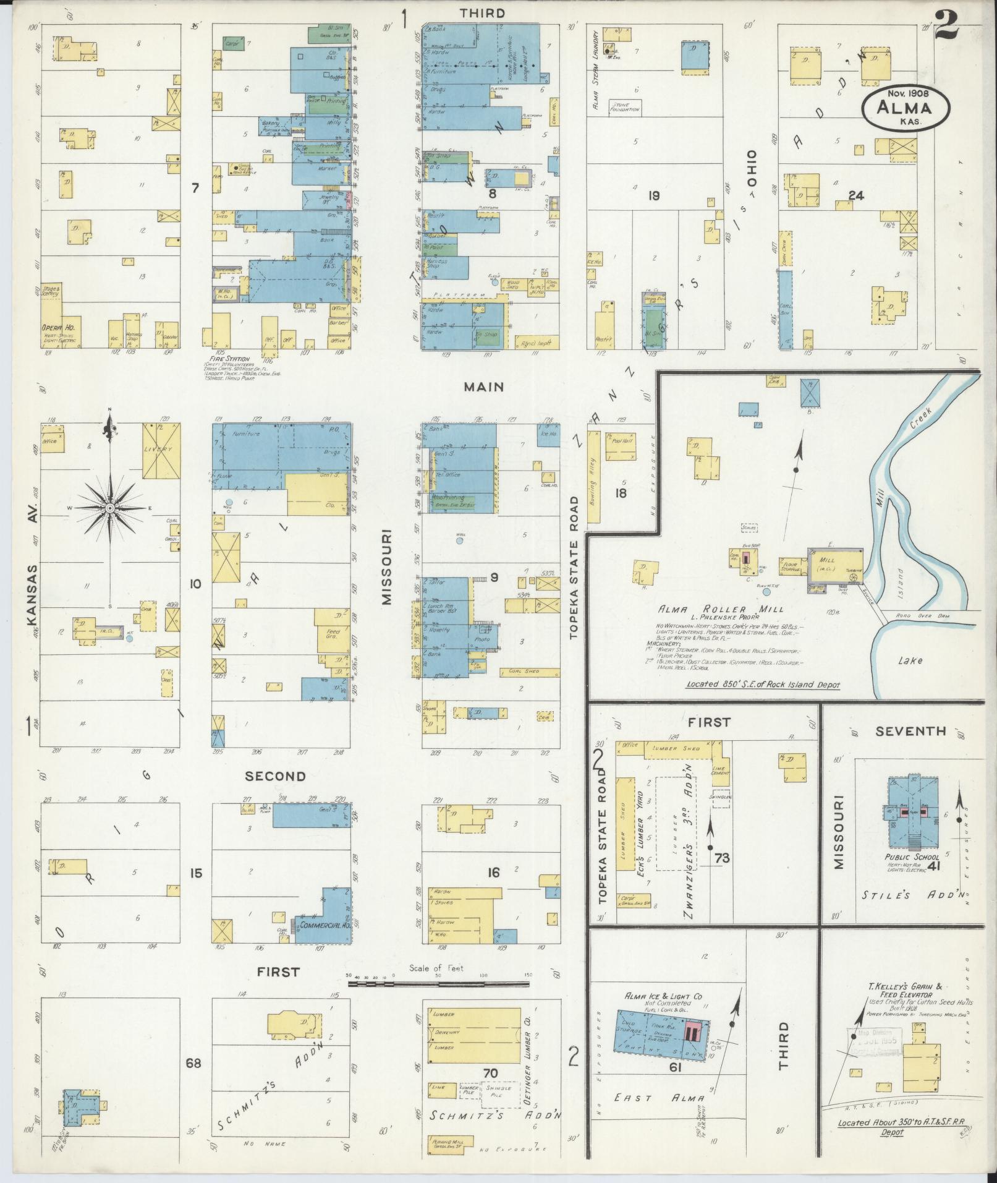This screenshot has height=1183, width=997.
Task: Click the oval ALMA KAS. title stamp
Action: pyautogui.click(x=906, y=108)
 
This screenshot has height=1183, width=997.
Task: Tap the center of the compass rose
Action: pyautogui.click(x=109, y=508)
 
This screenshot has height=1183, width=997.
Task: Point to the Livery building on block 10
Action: pyautogui.click(x=161, y=450)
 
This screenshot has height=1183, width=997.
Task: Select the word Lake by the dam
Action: pyautogui.click(x=910, y=660)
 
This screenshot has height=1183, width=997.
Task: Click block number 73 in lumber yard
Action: pyautogui.click(x=721, y=858)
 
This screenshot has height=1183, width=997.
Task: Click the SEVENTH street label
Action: pyautogui.click(x=910, y=731)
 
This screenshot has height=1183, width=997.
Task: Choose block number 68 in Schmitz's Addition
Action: pyautogui.click(x=193, y=1064)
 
